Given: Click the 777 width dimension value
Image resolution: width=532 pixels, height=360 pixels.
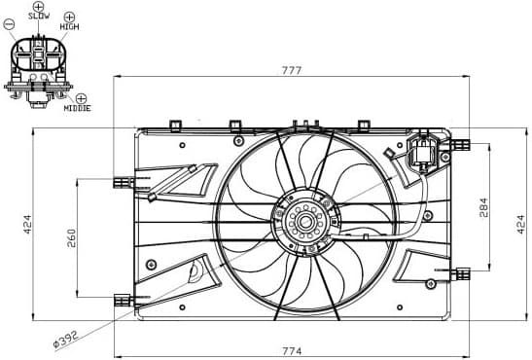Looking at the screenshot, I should [291, 70].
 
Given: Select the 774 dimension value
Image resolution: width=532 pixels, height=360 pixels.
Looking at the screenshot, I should [291, 350].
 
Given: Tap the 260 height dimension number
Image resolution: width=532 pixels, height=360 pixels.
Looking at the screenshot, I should [71, 237].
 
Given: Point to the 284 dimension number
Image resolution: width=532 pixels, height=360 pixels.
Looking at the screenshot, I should [483, 207].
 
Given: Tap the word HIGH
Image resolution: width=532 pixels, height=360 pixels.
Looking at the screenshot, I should [69, 27].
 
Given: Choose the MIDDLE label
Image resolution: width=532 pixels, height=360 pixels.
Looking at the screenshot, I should [78, 108].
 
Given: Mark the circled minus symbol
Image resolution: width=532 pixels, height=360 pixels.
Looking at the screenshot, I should [9, 23].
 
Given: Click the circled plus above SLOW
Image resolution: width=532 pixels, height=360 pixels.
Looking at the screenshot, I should [39, 6].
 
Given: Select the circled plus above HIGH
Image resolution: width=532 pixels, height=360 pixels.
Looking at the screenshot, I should [69, 17].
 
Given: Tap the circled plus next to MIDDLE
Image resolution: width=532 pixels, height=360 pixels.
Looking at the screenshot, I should [81, 97].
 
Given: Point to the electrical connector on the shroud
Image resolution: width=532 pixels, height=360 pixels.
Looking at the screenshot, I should [425, 153].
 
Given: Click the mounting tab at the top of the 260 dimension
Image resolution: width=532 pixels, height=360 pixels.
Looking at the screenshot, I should [123, 181].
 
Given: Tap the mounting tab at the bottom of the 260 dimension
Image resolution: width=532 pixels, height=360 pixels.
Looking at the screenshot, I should [123, 299].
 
